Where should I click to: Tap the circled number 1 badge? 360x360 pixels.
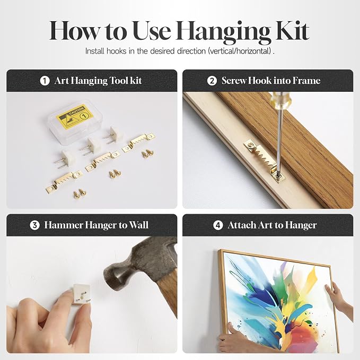[45, 81]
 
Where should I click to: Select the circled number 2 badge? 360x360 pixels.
[212, 81]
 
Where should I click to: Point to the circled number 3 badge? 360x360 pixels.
[34, 225]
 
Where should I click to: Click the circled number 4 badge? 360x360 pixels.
[218, 225]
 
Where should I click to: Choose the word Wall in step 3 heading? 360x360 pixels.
[138, 225]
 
